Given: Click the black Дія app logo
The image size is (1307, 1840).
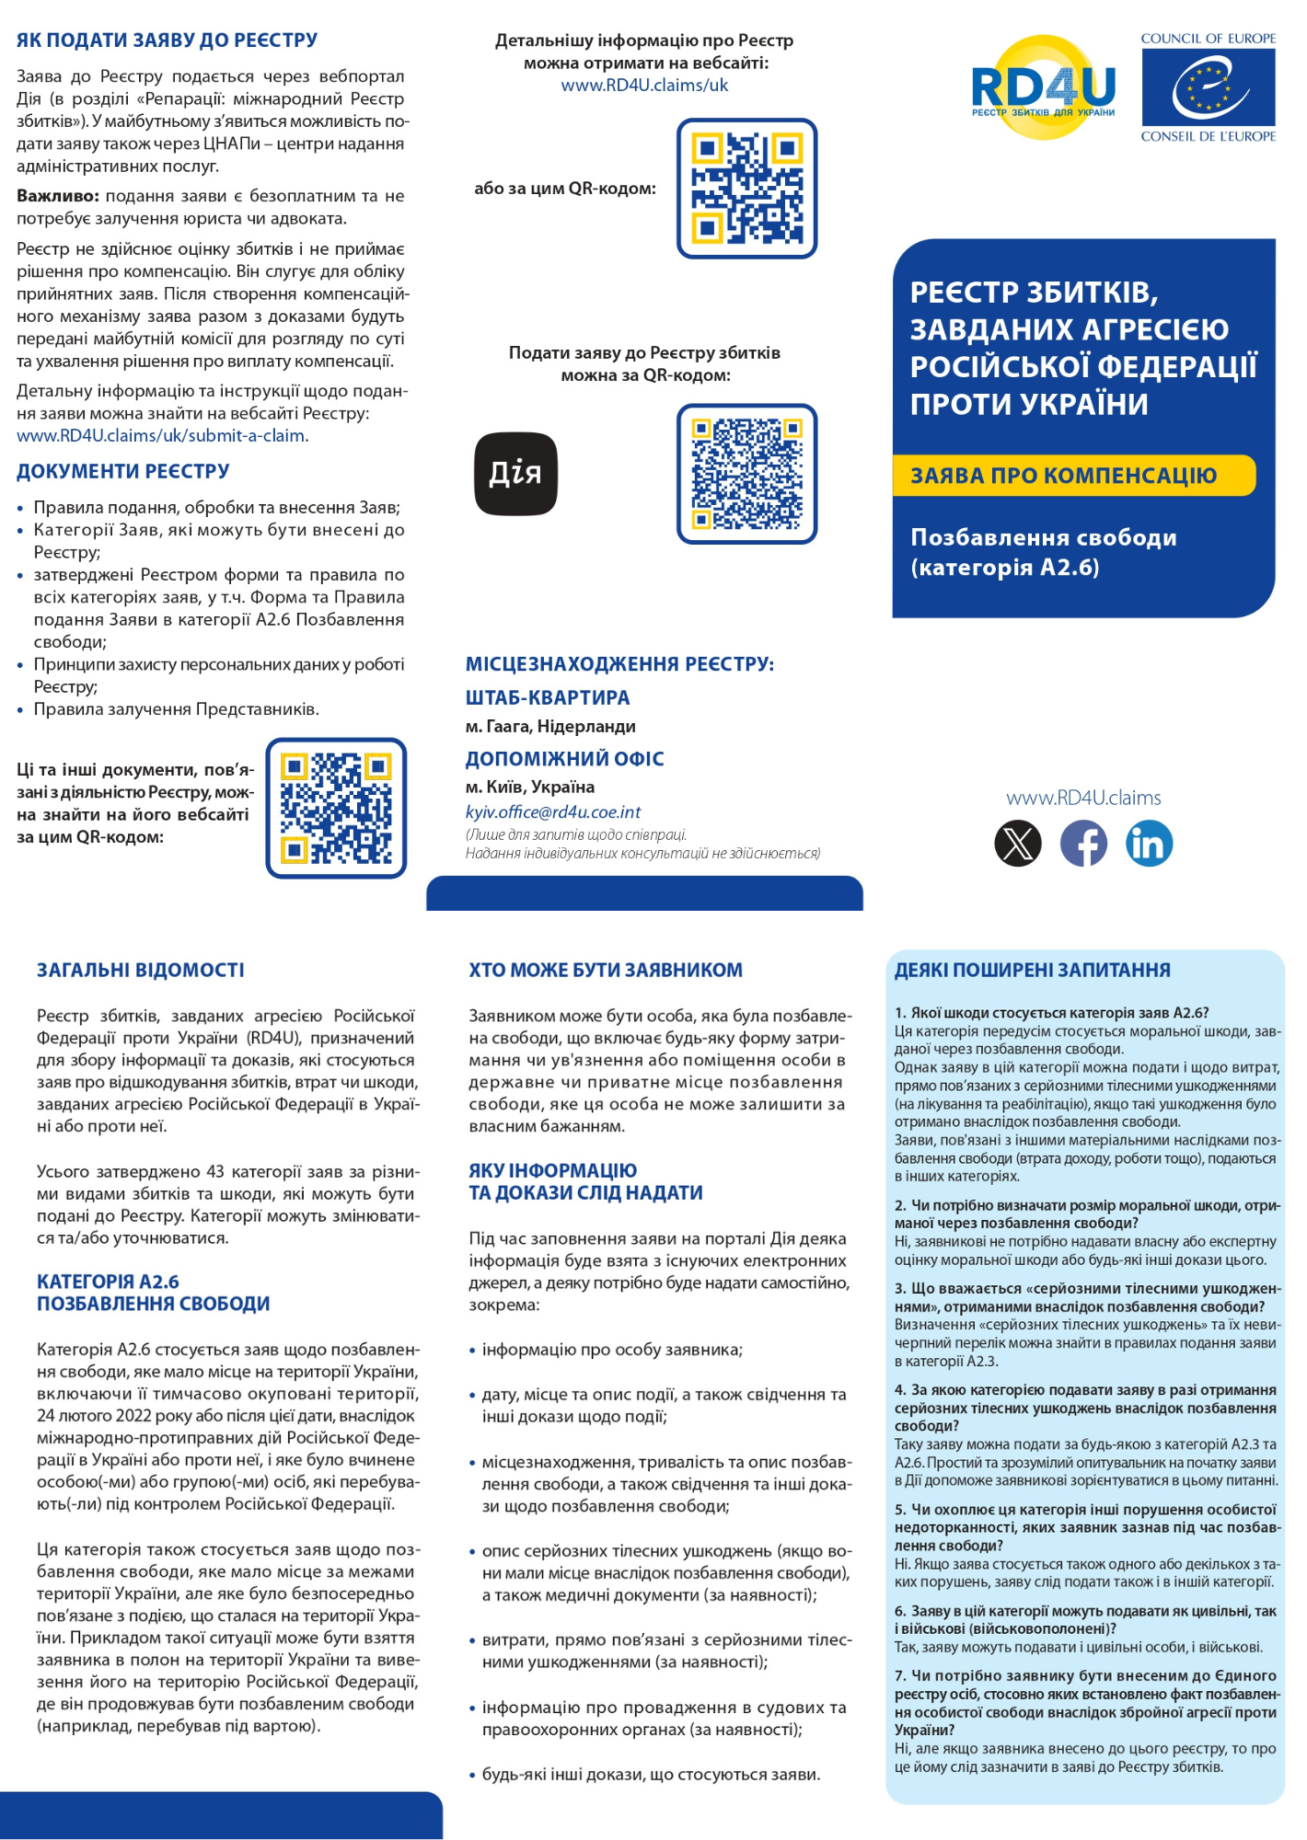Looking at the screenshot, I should pos(515,473).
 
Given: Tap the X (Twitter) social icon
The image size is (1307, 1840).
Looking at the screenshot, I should pos(1018,843).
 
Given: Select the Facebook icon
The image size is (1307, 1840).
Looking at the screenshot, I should pos(1083,843).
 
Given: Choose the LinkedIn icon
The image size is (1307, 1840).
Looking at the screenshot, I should pos(1149,843).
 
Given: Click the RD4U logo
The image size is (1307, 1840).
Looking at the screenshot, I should pos(1044,88).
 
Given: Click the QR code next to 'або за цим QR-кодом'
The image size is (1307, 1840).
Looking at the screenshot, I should pos(746,188).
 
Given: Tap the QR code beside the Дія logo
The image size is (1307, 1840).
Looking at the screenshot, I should pos(746,473).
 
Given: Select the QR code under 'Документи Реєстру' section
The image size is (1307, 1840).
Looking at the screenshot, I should pos(336,808).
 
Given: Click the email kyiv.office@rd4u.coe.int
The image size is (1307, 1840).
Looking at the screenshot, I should pos(553,812).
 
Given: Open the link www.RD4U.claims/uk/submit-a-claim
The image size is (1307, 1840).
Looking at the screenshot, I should pos(163,436).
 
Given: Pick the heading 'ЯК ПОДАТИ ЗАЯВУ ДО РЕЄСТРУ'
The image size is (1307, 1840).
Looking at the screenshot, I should pos(168,40).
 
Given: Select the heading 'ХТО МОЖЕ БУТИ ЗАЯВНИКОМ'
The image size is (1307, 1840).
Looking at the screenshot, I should pos(606,970).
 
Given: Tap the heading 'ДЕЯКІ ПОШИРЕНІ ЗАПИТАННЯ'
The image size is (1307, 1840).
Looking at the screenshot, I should pos(1032,970).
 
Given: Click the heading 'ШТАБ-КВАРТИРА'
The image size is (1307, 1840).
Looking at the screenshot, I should pos(548,697).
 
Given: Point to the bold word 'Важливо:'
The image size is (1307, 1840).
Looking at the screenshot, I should pos(57,196).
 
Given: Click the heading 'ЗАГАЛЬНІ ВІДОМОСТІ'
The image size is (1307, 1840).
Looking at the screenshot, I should pos(141,970).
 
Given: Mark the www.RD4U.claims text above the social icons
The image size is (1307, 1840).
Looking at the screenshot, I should pos(1083,798).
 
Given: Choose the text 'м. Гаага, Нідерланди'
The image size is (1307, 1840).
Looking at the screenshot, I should pos(550,727).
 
